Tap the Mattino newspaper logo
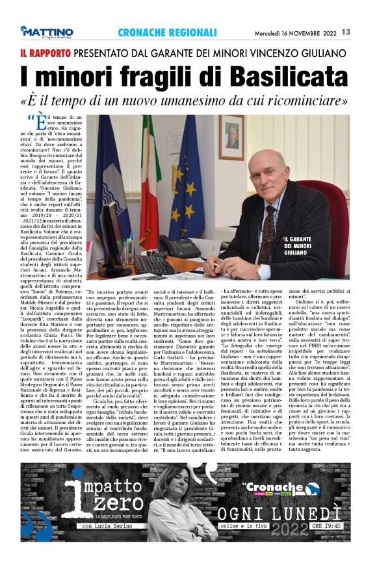(47, 32)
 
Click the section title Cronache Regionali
(167, 32)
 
